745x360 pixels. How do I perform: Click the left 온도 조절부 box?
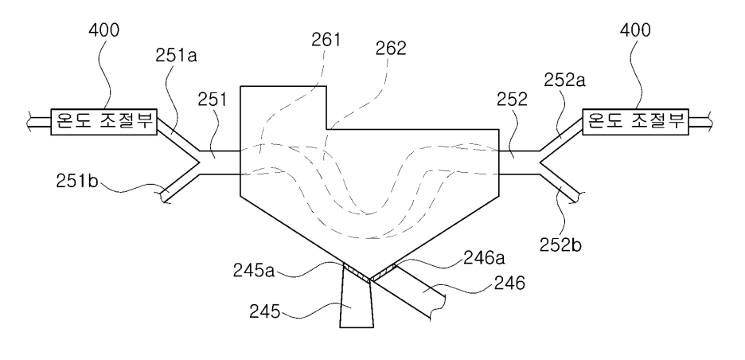click(x=104, y=121)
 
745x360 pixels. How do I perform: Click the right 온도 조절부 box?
click(x=636, y=121)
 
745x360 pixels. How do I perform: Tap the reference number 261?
click(x=326, y=41)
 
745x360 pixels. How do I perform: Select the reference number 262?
click(x=391, y=49)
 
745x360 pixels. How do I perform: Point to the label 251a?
click(x=176, y=56)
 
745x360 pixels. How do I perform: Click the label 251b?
click(x=77, y=182)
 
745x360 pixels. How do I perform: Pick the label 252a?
click(x=564, y=80)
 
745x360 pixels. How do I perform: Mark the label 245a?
click(x=254, y=270)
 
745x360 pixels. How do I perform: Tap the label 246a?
click(x=483, y=259)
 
